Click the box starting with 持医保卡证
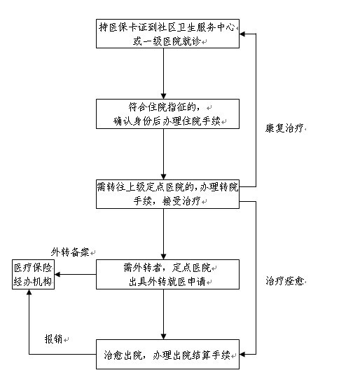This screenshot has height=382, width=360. tap(167, 34)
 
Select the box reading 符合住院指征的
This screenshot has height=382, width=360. tap(167, 114)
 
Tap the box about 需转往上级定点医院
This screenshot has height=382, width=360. tap(167, 194)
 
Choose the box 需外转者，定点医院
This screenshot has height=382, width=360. tap(167, 274)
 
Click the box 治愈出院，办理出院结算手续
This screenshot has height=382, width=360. tap(167, 355)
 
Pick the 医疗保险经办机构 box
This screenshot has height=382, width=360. tap(33, 275)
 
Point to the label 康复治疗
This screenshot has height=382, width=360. tap(284, 128)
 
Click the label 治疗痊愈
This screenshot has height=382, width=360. tap(284, 281)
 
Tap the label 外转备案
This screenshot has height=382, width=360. tap(70, 252)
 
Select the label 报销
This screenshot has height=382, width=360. tap(53, 339)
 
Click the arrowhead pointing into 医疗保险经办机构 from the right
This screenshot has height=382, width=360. tap(57, 275)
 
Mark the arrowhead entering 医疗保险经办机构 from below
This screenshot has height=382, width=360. tap(29, 292)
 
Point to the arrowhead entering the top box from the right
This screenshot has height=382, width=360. tap(242, 34)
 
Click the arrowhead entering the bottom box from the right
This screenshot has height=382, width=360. tap(242, 354)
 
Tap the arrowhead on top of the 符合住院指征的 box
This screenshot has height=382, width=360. tap(164, 96)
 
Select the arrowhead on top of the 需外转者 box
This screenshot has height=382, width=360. tap(164, 257)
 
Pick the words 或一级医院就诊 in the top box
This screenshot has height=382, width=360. tap(167, 41)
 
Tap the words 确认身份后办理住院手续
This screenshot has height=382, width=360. tap(167, 121)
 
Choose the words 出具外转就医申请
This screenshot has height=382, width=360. tap(167, 282)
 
